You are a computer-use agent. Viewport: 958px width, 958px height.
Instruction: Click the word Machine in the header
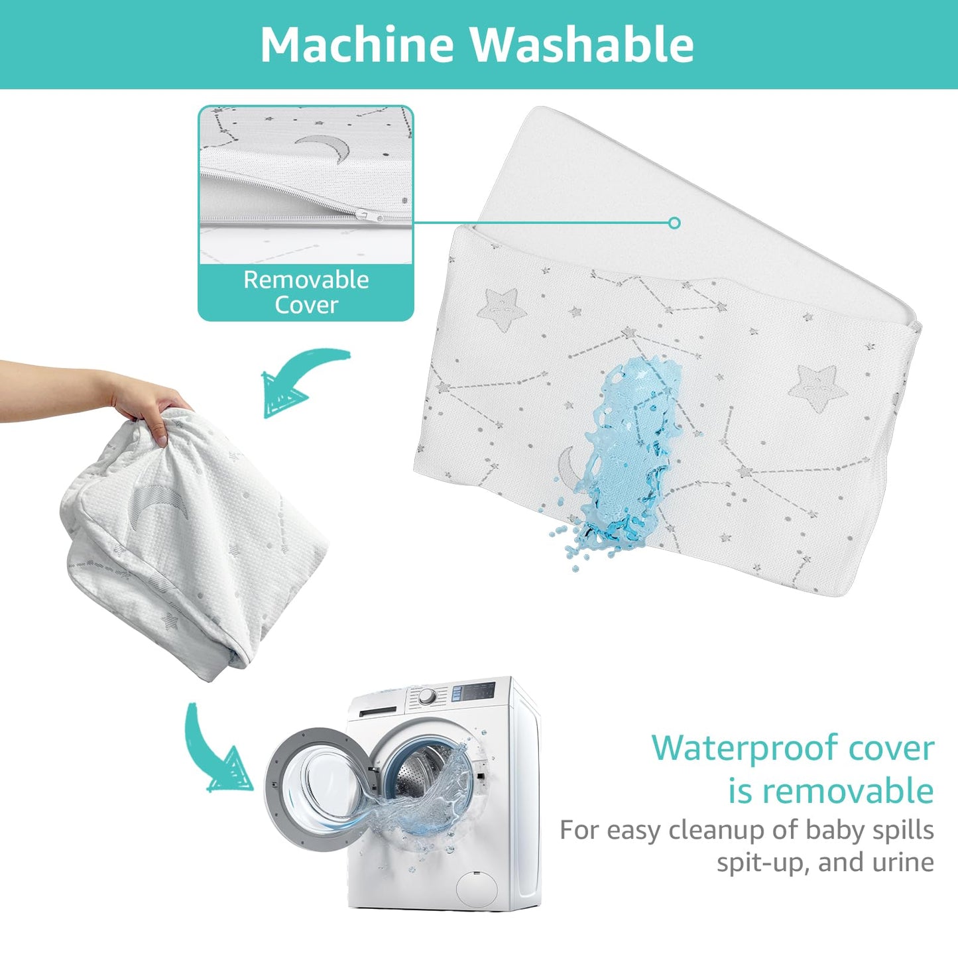tap(357, 44)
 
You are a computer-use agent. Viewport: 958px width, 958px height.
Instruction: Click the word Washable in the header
tap(582, 44)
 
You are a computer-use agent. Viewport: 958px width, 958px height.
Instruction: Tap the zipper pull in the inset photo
tap(369, 215)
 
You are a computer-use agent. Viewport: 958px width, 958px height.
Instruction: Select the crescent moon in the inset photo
tap(323, 148)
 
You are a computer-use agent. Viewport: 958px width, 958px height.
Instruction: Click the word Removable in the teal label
tap(306, 280)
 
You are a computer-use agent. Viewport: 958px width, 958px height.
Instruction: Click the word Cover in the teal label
tap(306, 305)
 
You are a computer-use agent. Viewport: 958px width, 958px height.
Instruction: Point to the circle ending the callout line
tap(674, 223)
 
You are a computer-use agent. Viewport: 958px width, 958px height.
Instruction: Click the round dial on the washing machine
tap(427, 697)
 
